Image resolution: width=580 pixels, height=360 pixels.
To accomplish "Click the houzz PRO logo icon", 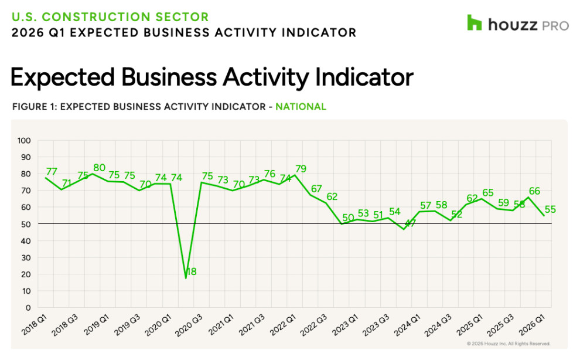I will coord(474,23).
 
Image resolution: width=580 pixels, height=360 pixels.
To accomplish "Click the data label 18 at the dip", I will coord(191,271).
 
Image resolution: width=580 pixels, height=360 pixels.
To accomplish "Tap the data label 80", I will coord(99,168).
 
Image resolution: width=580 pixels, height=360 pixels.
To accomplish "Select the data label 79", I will coord(301,170).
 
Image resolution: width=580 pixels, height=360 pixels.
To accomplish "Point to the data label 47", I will coord(410,223).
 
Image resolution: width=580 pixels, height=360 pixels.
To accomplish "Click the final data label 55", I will coord(550,209).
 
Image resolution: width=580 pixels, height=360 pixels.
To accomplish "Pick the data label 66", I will coord(534,191).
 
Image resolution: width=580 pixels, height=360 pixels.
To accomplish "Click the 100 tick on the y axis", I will coord(24,141).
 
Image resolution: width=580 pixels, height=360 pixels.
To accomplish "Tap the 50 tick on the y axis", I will coord(26,224).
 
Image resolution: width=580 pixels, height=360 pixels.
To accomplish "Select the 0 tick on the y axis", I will coord(28,307).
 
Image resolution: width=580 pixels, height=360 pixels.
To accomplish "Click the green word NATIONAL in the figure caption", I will coord(301,107).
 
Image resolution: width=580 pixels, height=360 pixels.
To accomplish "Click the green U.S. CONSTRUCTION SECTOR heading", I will coord(110,16).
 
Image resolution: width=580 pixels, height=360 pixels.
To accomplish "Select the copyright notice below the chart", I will coord(508,344).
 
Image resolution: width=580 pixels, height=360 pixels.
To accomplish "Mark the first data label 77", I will coord(52,172).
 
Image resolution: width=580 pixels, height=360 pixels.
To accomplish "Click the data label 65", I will coord(488,192).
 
